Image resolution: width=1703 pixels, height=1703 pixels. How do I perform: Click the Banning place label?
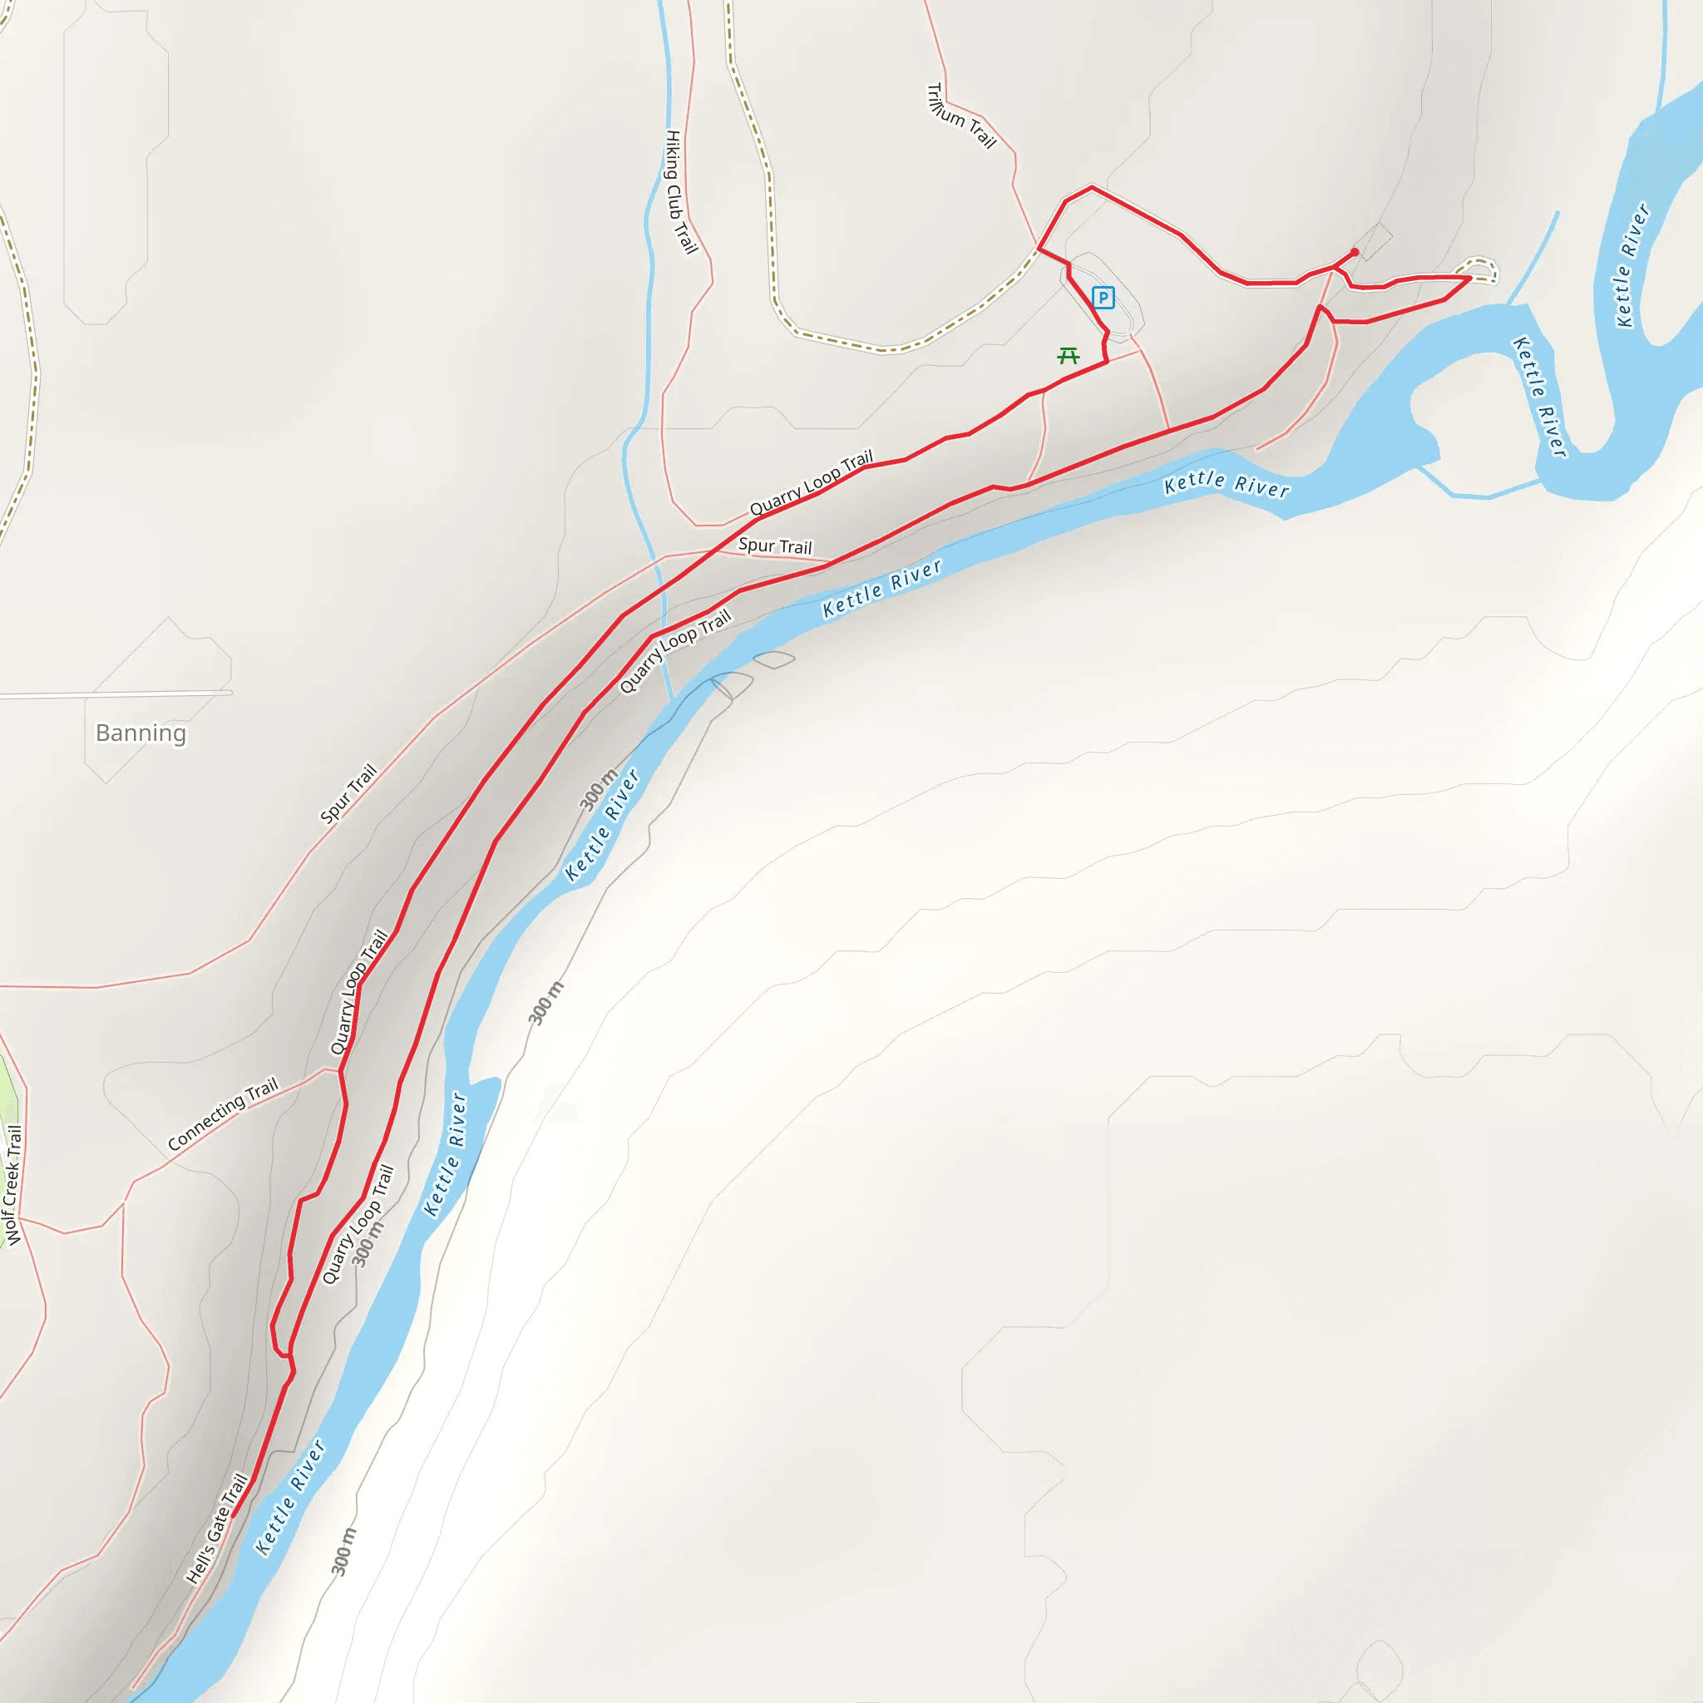point(141,733)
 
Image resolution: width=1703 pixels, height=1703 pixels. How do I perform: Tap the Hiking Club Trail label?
point(680,192)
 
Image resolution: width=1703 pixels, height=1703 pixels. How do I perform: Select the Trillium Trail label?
point(960,116)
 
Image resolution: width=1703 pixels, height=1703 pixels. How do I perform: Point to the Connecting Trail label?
point(223,1113)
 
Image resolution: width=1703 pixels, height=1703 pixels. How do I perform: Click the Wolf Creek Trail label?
point(12,1185)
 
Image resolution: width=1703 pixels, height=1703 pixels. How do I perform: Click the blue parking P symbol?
point(1103,298)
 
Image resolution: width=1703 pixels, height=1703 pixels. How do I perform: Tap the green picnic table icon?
point(1069,356)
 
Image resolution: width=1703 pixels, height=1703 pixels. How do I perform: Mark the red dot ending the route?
point(1355,252)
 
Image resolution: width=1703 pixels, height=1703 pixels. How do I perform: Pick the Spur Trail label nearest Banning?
point(348,793)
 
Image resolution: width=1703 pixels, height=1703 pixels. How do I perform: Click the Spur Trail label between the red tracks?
point(775,546)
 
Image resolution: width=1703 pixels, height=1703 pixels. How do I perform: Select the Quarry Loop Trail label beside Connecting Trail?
point(358,992)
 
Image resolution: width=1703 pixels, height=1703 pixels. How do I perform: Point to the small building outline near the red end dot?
point(1375,240)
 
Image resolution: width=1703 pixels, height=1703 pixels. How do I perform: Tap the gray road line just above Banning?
point(115,694)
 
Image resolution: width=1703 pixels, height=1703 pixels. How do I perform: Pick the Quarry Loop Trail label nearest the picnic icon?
point(811,482)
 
